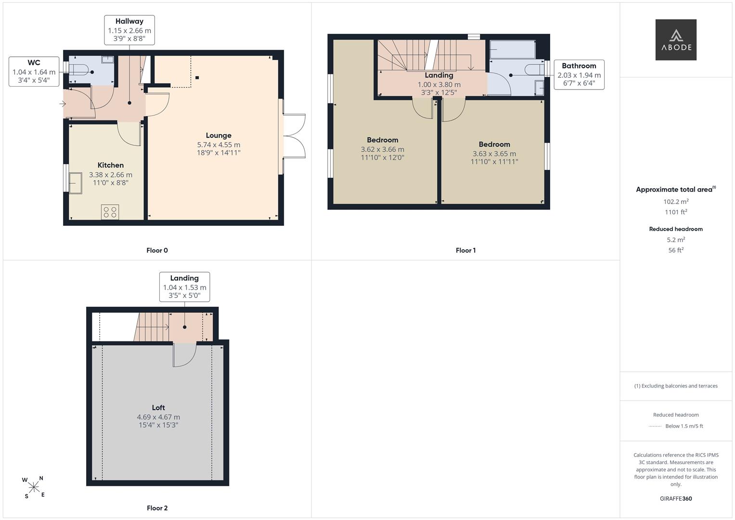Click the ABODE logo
pyautogui.click(x=676, y=39)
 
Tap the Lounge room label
pyautogui.click(x=219, y=135)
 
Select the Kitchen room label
pyautogui.click(x=111, y=165)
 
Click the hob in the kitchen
pyautogui.click(x=110, y=212)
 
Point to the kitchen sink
pyautogui.click(x=75, y=183)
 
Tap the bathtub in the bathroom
pyautogui.click(x=513, y=50)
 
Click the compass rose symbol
pyautogui.click(x=34, y=487)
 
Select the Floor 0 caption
pyautogui.click(x=157, y=250)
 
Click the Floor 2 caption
pyautogui.click(x=157, y=508)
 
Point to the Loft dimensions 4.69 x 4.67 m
pyautogui.click(x=158, y=417)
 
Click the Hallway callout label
pyautogui.click(x=129, y=30)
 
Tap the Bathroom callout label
pyautogui.click(x=579, y=75)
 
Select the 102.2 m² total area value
pyautogui.click(x=676, y=202)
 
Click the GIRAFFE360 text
pyautogui.click(x=676, y=498)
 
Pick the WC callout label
pyautogui.click(x=34, y=72)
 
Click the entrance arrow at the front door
pyautogui.click(x=63, y=104)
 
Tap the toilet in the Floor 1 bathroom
pyautogui.click(x=534, y=70)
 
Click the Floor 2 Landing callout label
pyautogui.click(x=185, y=286)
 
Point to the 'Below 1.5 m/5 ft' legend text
pyautogui.click(x=684, y=426)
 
